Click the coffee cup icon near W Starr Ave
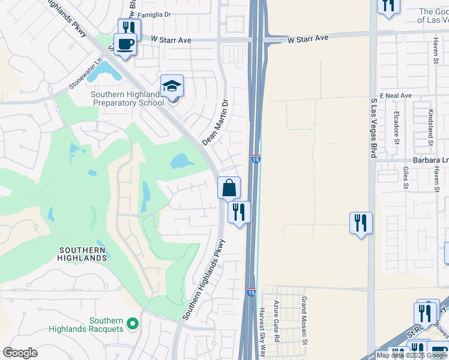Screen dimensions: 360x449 tap(125, 44)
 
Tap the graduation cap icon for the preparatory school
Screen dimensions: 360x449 tap(172, 86)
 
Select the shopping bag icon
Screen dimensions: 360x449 tap(229, 188)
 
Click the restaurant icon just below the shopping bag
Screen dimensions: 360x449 tap(239, 212)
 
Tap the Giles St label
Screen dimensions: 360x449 tap(406, 178)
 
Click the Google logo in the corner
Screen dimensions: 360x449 tap(20, 353)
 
